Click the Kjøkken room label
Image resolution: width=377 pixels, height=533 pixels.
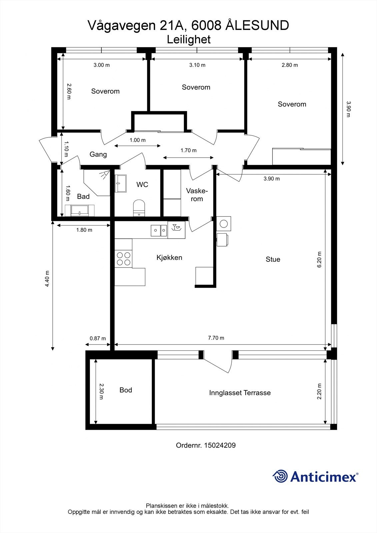click(169, 258)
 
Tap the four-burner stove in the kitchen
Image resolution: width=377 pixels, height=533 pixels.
click(123, 259)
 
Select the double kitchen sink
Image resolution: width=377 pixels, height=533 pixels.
click(159, 230)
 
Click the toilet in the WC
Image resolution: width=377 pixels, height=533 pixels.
click(139, 208)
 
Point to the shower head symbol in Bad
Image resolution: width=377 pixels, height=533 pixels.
click(105, 174)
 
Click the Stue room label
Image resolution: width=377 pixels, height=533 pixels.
click(273, 259)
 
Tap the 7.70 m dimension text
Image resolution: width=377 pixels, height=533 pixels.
click(216, 338)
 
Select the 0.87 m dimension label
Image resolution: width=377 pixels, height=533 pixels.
click(98, 338)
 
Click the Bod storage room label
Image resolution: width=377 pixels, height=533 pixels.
click(126, 390)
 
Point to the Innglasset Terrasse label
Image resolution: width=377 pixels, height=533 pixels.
click(240, 393)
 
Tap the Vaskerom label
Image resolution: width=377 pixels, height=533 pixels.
click(197, 195)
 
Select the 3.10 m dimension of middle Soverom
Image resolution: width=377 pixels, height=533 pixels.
click(197, 65)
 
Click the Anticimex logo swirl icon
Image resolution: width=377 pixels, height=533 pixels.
click(280, 476)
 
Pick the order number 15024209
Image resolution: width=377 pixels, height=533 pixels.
click(220, 445)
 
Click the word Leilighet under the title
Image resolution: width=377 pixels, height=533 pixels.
click(189, 40)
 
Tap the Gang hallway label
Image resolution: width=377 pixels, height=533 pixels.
click(98, 154)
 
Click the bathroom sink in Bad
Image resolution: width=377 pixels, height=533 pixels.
click(80, 211)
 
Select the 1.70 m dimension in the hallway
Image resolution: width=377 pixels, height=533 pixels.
click(188, 151)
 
